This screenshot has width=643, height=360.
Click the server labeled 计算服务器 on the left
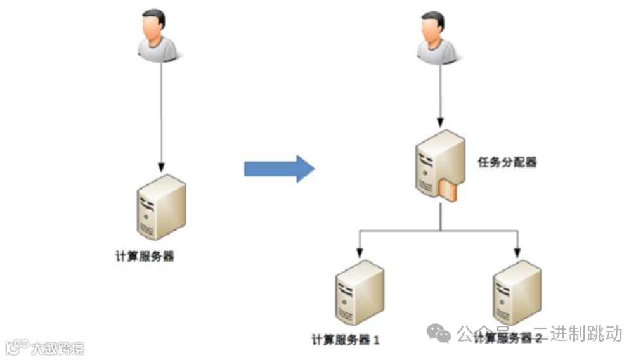161,206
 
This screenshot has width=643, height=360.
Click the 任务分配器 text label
507,163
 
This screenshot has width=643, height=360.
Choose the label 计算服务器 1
346,340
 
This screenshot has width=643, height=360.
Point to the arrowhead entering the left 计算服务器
161,166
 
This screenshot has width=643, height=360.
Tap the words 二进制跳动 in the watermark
586,333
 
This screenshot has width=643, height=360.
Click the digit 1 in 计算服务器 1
376,340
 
